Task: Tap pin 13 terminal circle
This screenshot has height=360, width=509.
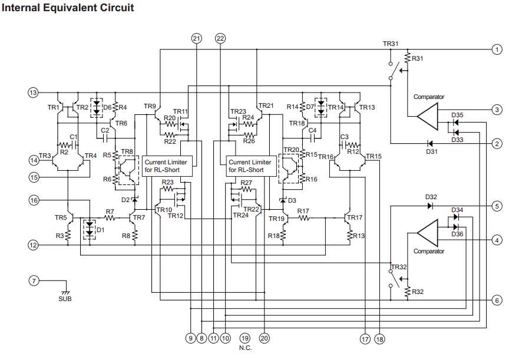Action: coord(33,93)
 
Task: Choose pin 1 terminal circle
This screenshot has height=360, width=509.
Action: coord(497,50)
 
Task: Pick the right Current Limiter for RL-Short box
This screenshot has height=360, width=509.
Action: coord(253,166)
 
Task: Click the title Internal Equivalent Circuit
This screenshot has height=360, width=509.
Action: coord(68,8)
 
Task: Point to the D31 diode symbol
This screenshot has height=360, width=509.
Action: coord(430,143)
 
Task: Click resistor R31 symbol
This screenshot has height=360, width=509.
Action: coord(406,59)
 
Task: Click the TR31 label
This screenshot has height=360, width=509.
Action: coord(391,44)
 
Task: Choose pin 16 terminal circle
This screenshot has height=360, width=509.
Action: coord(33,201)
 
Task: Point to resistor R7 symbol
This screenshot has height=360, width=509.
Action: coord(110,217)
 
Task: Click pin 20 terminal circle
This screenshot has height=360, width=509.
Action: coord(264,338)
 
